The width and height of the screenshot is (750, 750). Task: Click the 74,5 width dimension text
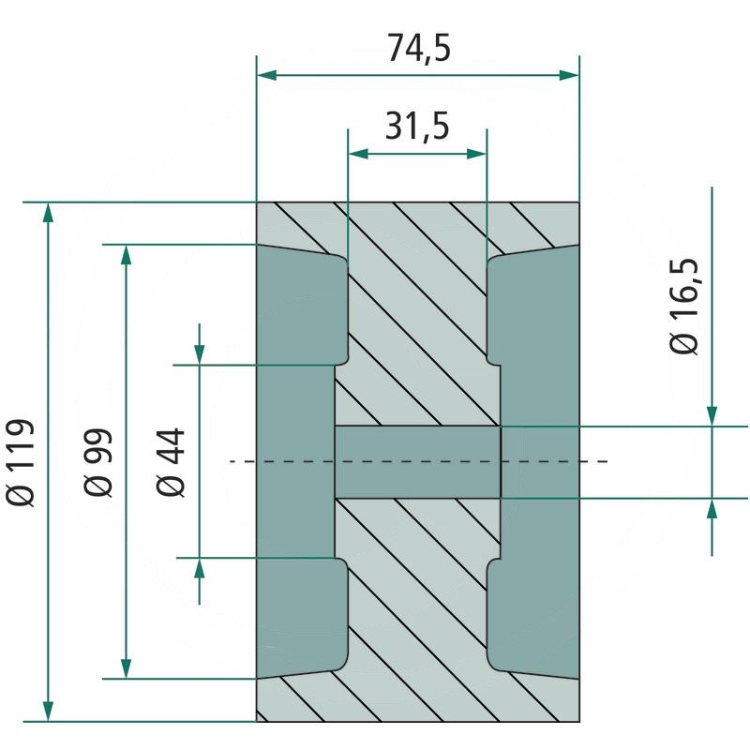pyautogui.click(x=419, y=48)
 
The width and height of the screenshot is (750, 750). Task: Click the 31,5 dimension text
pyautogui.click(x=417, y=124)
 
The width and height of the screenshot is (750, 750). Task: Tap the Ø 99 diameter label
pyautogui.click(x=97, y=462)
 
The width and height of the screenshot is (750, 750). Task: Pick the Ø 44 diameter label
pyautogui.click(x=172, y=462)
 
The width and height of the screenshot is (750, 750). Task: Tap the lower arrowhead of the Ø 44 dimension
pyautogui.click(x=200, y=568)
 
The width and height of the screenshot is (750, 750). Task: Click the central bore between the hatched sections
pyautogui.click(x=418, y=461)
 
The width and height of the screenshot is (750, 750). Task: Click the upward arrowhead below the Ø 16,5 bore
pyautogui.click(x=712, y=509)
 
